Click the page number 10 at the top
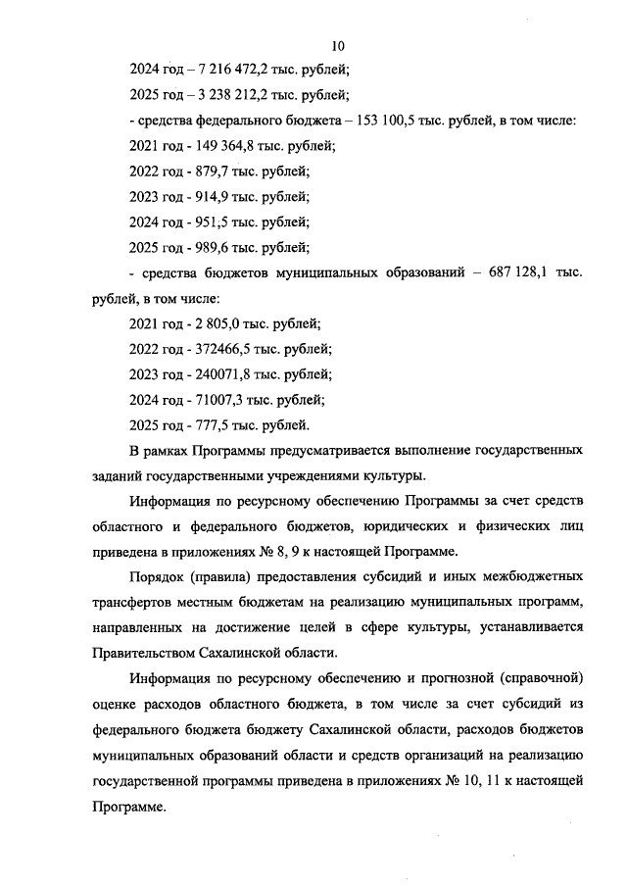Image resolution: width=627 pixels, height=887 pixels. pyautogui.click(x=339, y=45)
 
